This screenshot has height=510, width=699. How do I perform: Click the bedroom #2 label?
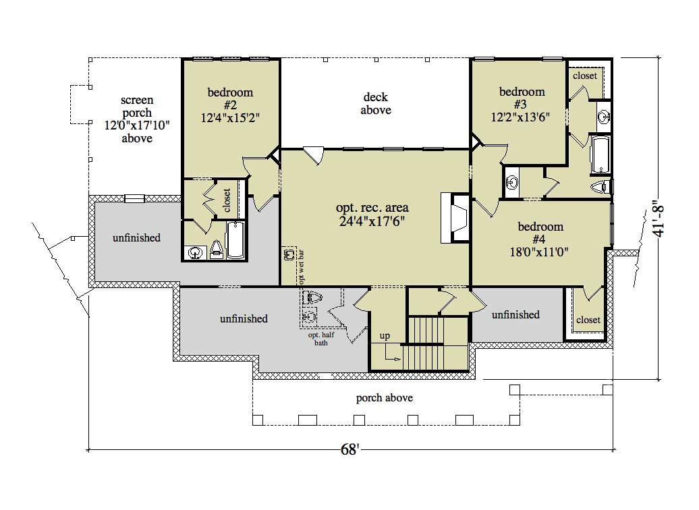(230, 98)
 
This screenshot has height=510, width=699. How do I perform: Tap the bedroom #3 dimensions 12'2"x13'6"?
(520, 117)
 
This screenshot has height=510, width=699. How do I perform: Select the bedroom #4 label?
(540, 232)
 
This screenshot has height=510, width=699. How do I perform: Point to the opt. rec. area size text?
(372, 221)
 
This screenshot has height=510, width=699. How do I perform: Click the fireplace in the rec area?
(455, 217)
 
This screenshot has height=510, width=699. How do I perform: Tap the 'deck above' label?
(376, 103)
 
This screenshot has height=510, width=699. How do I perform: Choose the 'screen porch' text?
(137, 106)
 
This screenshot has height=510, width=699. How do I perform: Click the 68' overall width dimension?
(350, 449)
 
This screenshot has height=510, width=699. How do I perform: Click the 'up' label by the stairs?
(385, 336)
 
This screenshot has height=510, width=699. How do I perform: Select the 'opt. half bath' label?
(321, 339)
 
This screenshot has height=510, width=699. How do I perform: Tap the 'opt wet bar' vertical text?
(302, 267)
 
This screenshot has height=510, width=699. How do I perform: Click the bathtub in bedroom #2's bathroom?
(236, 240)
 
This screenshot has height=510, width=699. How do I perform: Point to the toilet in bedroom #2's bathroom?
(216, 250)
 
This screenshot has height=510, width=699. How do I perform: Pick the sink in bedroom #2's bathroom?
(196, 253)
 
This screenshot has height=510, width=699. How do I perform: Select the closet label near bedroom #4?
(588, 320)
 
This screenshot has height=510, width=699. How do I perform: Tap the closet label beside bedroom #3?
(585, 76)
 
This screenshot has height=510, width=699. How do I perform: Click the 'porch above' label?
(385, 397)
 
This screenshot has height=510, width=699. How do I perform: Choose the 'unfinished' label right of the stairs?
(515, 315)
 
